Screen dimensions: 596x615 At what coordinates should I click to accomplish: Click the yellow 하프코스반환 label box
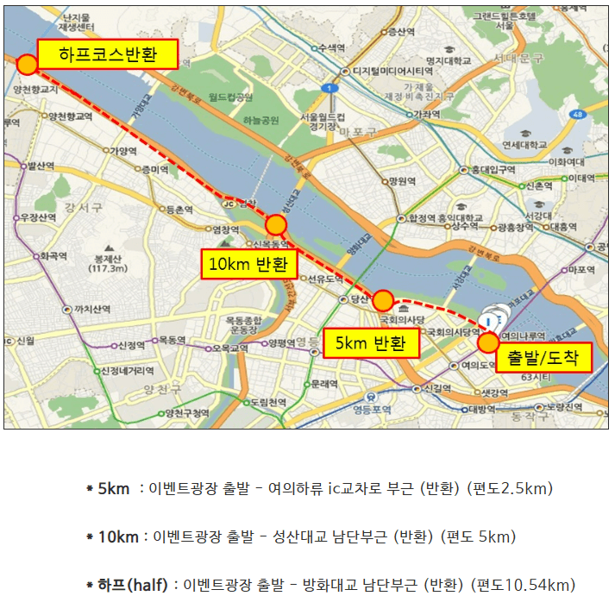click(105, 55)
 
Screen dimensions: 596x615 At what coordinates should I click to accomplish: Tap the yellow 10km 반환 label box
click(248, 264)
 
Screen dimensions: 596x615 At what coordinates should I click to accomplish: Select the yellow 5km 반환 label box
click(370, 343)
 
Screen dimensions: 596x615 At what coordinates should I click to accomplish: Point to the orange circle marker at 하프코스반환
click(28, 64)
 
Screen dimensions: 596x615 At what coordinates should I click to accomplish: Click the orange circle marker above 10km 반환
click(276, 225)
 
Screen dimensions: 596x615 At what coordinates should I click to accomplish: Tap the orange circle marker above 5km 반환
click(383, 301)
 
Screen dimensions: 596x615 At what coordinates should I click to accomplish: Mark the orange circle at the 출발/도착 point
click(487, 342)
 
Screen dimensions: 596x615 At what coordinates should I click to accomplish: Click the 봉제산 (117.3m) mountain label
click(110, 262)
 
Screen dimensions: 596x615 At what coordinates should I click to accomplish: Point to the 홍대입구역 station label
click(491, 170)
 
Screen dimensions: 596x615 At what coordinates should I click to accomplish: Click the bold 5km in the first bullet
click(114, 488)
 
